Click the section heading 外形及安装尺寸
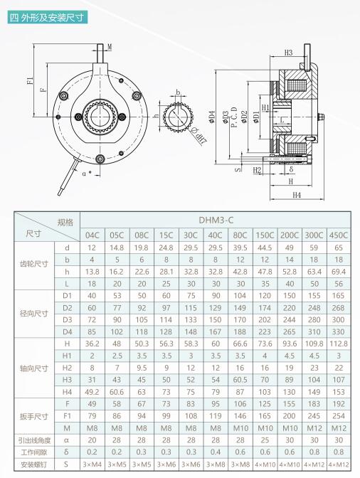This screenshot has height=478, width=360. (52, 17)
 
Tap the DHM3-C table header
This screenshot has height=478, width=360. (216, 220)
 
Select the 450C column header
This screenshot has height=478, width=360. (339, 235)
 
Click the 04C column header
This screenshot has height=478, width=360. (92, 235)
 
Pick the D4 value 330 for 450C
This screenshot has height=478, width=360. (339, 332)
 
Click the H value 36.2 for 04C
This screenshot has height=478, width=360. (92, 344)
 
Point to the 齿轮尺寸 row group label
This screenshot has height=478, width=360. (34, 264)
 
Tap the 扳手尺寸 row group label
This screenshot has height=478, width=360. (34, 416)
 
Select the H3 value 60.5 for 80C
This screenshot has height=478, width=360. (240, 380)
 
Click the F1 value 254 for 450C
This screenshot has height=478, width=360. (339, 416)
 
